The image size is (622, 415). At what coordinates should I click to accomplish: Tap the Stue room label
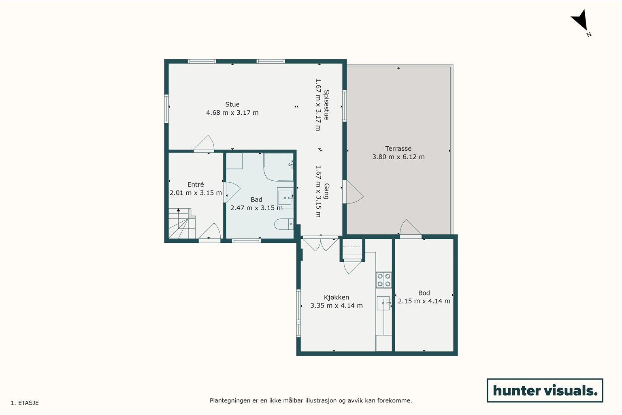pyautogui.click(x=232, y=104)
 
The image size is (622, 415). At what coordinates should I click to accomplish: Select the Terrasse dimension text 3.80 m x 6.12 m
pyautogui.click(x=398, y=157)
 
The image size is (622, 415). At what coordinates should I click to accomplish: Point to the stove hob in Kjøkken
pyautogui.click(x=384, y=280)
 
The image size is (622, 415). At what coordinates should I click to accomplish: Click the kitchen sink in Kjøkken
pyautogui.click(x=384, y=303)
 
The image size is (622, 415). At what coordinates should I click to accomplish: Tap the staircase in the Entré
pyautogui.click(x=182, y=223)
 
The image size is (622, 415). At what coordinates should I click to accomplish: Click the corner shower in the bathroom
pyautogui.click(x=278, y=167)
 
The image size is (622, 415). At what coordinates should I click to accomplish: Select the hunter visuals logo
pyautogui.click(x=545, y=390)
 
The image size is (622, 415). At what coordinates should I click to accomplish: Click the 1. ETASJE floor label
pyautogui.click(x=25, y=403)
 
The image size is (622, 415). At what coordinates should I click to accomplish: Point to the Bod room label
pyautogui.click(x=424, y=293)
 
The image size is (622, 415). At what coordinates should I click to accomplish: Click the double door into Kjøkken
pyautogui.click(x=320, y=244)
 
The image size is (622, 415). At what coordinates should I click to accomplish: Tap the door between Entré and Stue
pyautogui.click(x=204, y=144)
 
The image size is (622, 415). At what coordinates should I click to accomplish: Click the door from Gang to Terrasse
pyautogui.click(x=353, y=192)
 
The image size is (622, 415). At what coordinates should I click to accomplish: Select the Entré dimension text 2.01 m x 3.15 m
pyautogui.click(x=196, y=193)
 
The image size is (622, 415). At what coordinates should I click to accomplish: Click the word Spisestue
pyautogui.click(x=326, y=105)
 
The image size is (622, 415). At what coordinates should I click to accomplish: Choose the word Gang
pyautogui.click(x=326, y=191)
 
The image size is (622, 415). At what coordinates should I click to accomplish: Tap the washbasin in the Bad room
pyautogui.click(x=285, y=198)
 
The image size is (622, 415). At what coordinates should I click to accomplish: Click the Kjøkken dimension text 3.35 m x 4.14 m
pyautogui.click(x=336, y=306)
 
